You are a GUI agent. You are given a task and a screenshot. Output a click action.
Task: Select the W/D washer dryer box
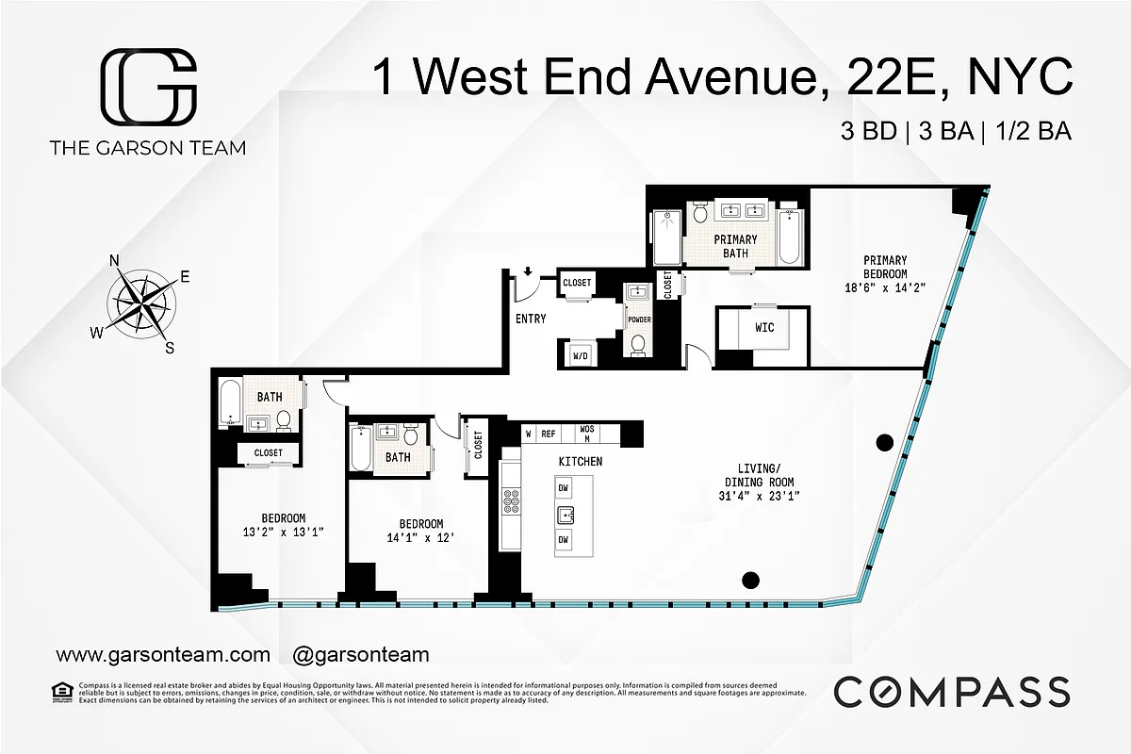tap(578, 355)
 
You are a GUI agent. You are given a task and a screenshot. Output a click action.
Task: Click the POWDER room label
tap(639, 320)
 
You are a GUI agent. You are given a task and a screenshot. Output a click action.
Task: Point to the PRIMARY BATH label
tap(735, 246)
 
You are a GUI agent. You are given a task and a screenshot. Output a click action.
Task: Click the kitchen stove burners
tap(512, 500)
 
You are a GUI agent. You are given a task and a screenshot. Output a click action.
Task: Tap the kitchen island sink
tap(566, 515)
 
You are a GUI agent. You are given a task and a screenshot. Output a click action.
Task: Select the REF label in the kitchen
tap(548, 434)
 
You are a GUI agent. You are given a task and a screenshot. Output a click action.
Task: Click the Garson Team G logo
tap(149, 87)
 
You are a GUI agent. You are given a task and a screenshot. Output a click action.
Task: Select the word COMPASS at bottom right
tap(951, 692)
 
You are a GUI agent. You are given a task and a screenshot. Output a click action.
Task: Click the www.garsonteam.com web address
tap(163, 654)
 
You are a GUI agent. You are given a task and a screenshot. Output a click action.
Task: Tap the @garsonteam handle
tap(361, 654)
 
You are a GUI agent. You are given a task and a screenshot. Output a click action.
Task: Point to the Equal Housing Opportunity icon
tap(64, 693)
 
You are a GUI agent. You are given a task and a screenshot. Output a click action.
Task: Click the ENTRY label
tap(531, 319)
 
